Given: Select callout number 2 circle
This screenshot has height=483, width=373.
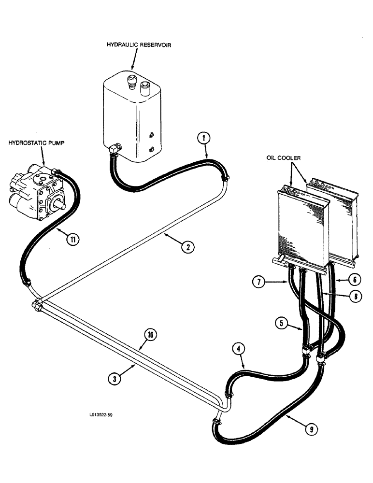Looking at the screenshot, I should click(187, 247).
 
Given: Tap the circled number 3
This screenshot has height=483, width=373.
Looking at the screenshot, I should click(114, 379).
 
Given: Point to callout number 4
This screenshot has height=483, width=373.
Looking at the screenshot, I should click(238, 348).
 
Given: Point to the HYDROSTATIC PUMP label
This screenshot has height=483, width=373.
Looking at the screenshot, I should click(33, 143).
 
